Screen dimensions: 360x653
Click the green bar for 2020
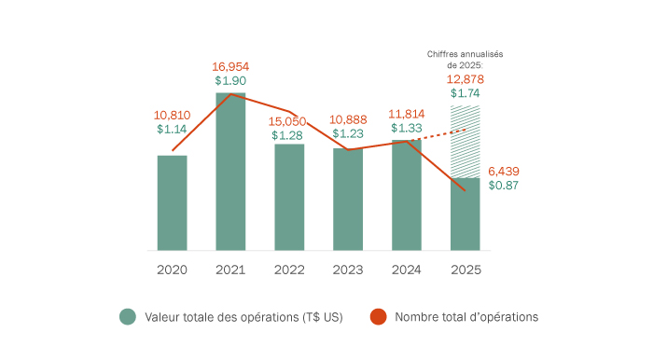point(173,203)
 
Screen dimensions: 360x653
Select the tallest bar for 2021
point(230,173)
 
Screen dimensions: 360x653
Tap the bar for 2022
point(289,198)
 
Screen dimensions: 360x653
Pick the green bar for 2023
point(348,200)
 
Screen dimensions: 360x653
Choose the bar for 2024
point(407,196)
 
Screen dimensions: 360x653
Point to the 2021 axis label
point(230,270)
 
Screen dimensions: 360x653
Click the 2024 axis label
point(407,270)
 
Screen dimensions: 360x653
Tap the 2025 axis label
point(465,270)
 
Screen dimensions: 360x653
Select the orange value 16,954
point(230,67)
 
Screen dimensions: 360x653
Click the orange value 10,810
point(173,115)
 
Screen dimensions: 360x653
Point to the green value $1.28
point(288,135)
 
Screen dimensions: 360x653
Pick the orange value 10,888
point(348,121)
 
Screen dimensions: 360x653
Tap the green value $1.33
point(407,128)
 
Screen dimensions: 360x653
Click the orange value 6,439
point(503,171)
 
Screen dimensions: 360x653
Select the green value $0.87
point(503,186)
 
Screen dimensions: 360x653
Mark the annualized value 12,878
point(465,79)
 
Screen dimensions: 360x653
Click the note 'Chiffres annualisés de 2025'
point(465,60)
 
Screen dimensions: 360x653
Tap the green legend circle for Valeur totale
point(128,317)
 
